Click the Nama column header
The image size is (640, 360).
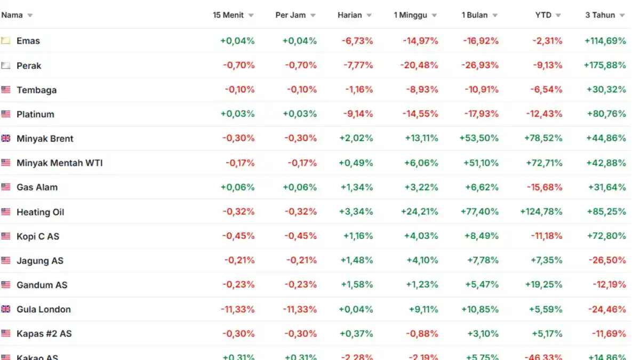coord(12,15)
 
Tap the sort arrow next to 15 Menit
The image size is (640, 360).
coord(251,15)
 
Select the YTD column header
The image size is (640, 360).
coord(543,15)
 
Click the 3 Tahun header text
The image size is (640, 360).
coord(600,15)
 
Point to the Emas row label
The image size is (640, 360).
coord(28,41)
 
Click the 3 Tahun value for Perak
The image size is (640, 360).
coord(605,65)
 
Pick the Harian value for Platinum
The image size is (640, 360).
coord(358,114)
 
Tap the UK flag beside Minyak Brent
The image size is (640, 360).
coord(6,138)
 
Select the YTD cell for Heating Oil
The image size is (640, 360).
coord(541,211)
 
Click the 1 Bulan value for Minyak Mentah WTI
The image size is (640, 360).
coord(481,163)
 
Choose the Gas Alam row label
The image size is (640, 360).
coord(37,187)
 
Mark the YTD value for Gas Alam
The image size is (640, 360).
coord(545,187)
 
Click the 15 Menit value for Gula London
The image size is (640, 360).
coord(237,309)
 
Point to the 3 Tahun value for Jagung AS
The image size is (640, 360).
coord(607,260)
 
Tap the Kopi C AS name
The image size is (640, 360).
coord(38,236)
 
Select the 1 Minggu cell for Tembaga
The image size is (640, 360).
coord(422,90)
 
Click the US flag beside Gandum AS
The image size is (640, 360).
coord(6,285)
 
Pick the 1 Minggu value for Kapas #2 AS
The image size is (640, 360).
coord(422,333)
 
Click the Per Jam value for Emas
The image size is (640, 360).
coord(299,41)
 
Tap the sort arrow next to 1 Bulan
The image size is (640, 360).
coord(495,15)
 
